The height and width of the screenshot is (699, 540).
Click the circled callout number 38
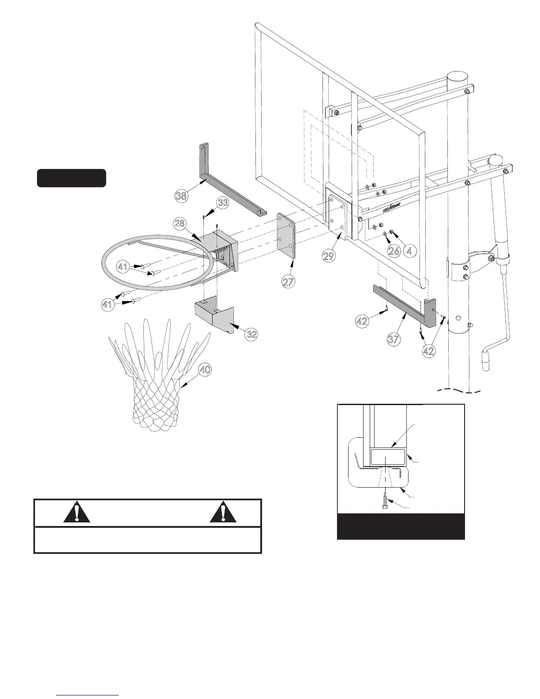[181, 195]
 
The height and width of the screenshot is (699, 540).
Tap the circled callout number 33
[223, 203]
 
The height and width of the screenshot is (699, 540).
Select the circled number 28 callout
[180, 223]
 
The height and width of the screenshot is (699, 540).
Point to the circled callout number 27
[289, 282]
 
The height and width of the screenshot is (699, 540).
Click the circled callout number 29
[328, 256]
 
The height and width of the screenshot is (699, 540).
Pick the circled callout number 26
[394, 251]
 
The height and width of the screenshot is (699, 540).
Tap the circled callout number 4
[410, 251]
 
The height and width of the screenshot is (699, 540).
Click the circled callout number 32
[251, 334]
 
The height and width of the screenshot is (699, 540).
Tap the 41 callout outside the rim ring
[107, 305]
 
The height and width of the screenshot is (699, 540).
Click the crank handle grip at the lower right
[487, 361]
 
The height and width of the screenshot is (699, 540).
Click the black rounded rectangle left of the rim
[71, 178]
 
